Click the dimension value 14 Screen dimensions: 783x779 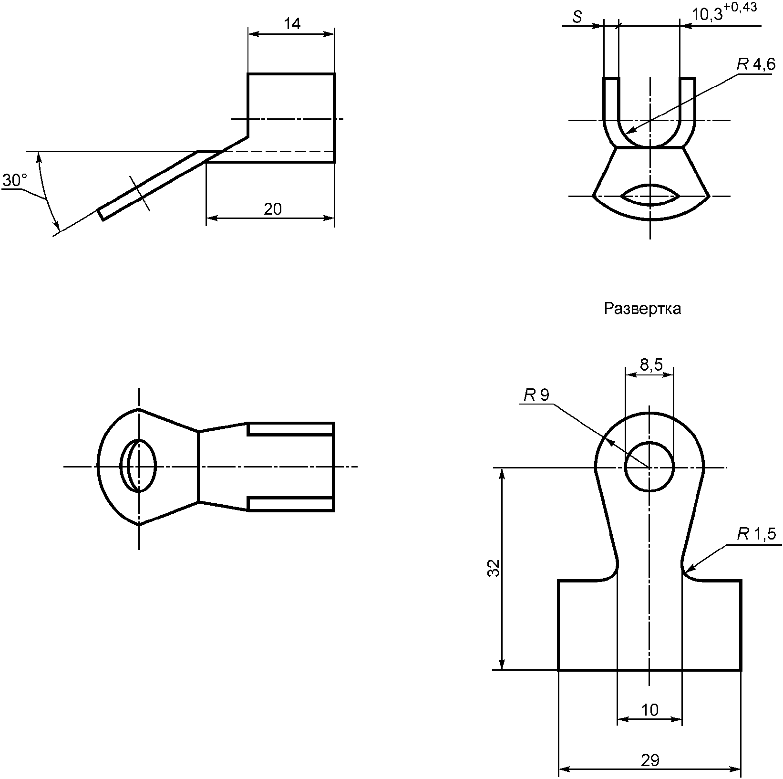[292, 24]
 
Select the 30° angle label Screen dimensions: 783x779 [14, 180]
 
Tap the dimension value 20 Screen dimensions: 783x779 [273, 209]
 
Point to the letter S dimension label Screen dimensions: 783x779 [577, 17]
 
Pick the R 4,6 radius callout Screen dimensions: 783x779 [756, 65]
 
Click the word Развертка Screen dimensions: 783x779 [642, 309]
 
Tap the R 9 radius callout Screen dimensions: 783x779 [536, 395]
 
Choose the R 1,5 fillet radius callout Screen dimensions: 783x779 [757, 534]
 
